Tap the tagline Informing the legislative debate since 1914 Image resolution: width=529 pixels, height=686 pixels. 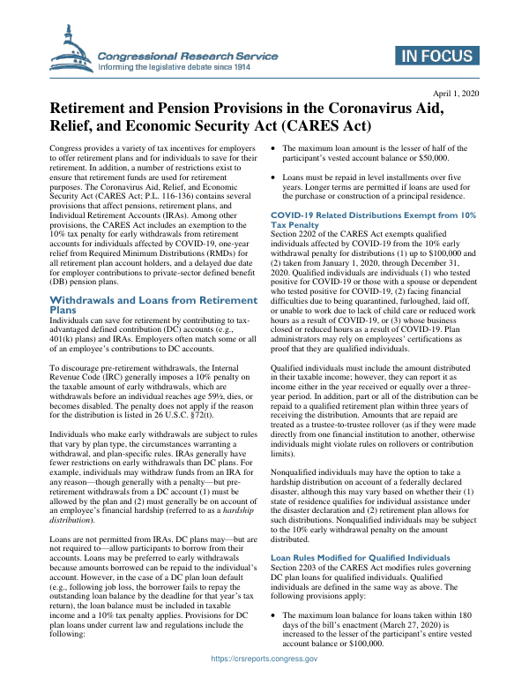coord(174,65)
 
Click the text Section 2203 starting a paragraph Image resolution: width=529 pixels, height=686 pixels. coord(295,544)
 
